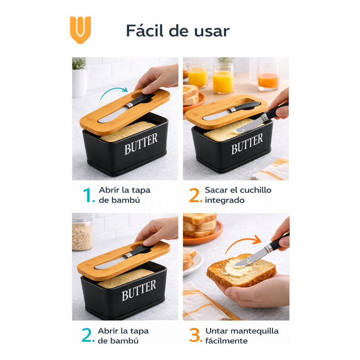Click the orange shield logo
coord(81,30)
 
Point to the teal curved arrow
coord(114,92)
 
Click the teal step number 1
coord(88,195)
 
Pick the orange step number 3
coord(195,335)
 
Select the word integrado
coord(225,200)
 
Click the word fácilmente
coord(226,341)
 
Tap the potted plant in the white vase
coord(80,77)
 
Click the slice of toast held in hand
coord(242,270)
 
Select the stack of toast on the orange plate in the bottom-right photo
coord(200,225)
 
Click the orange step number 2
coord(196,195)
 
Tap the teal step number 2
coord(88,335)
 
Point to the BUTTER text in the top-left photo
coord(141,144)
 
